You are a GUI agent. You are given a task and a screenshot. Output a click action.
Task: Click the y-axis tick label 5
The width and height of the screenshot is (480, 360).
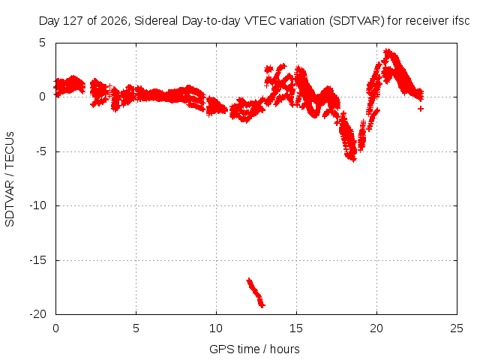(x=42, y=43)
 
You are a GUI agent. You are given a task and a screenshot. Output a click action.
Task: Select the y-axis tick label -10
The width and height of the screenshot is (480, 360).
(x=37, y=205)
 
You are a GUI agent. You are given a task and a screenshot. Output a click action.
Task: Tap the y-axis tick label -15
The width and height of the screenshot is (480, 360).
(x=37, y=260)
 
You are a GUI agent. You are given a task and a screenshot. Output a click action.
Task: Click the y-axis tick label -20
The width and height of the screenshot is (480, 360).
(x=37, y=314)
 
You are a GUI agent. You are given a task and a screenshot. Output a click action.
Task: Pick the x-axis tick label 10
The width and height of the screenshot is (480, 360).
(x=216, y=328)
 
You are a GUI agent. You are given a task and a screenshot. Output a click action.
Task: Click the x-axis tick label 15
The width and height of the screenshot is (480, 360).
(x=296, y=328)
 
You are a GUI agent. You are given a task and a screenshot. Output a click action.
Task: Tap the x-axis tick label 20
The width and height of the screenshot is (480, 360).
(x=376, y=328)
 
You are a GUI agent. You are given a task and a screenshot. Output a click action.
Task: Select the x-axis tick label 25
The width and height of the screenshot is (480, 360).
(x=457, y=328)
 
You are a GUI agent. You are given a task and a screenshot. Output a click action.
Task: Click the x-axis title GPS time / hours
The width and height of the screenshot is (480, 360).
(x=254, y=349)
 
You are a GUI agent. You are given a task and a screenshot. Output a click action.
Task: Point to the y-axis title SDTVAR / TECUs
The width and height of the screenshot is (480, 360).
(x=10, y=179)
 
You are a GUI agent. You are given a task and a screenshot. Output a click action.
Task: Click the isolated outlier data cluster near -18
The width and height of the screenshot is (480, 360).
(x=256, y=293)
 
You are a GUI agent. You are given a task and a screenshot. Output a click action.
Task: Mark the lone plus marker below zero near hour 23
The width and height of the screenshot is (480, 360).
(x=421, y=109)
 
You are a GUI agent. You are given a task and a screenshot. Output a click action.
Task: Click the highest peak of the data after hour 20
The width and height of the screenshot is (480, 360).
(x=388, y=52)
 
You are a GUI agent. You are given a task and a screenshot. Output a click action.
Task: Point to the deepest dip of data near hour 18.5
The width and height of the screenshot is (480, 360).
(x=353, y=158)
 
